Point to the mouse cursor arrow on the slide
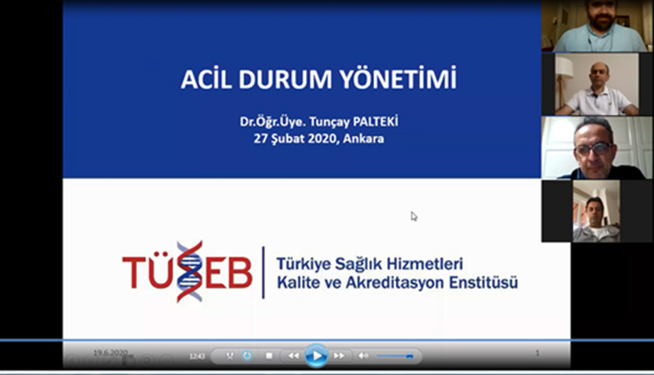414,216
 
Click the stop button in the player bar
269,356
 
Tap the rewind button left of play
294,356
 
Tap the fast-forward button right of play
339,356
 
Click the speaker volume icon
364,356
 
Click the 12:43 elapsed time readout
197,356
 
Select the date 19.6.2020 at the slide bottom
111,352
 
